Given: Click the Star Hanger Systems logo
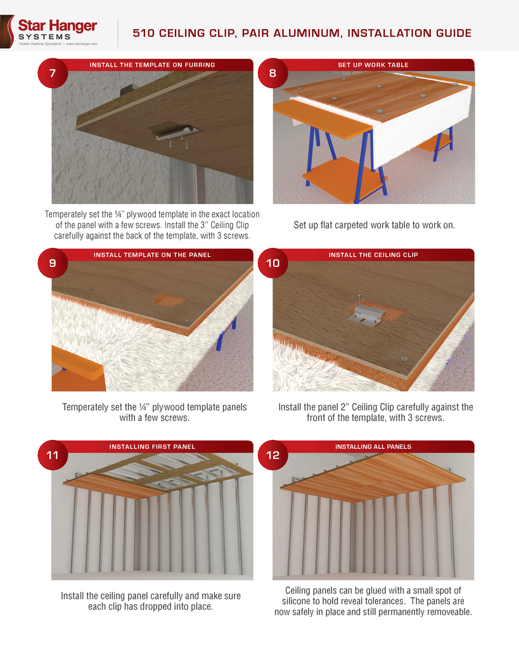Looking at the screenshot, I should (53, 30).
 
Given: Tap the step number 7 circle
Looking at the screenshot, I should (52, 73).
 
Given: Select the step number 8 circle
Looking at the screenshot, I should (272, 73).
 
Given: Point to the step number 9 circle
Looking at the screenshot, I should (52, 263).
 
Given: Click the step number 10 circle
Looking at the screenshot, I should (272, 263).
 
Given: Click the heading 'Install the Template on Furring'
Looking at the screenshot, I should (152, 65).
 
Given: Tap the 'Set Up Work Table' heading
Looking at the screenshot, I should (373, 65).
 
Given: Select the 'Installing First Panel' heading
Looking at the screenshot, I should (152, 446).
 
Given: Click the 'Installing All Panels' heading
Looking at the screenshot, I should (373, 446).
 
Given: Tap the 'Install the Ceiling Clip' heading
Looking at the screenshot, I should (373, 255).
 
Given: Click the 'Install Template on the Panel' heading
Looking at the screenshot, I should (152, 255).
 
